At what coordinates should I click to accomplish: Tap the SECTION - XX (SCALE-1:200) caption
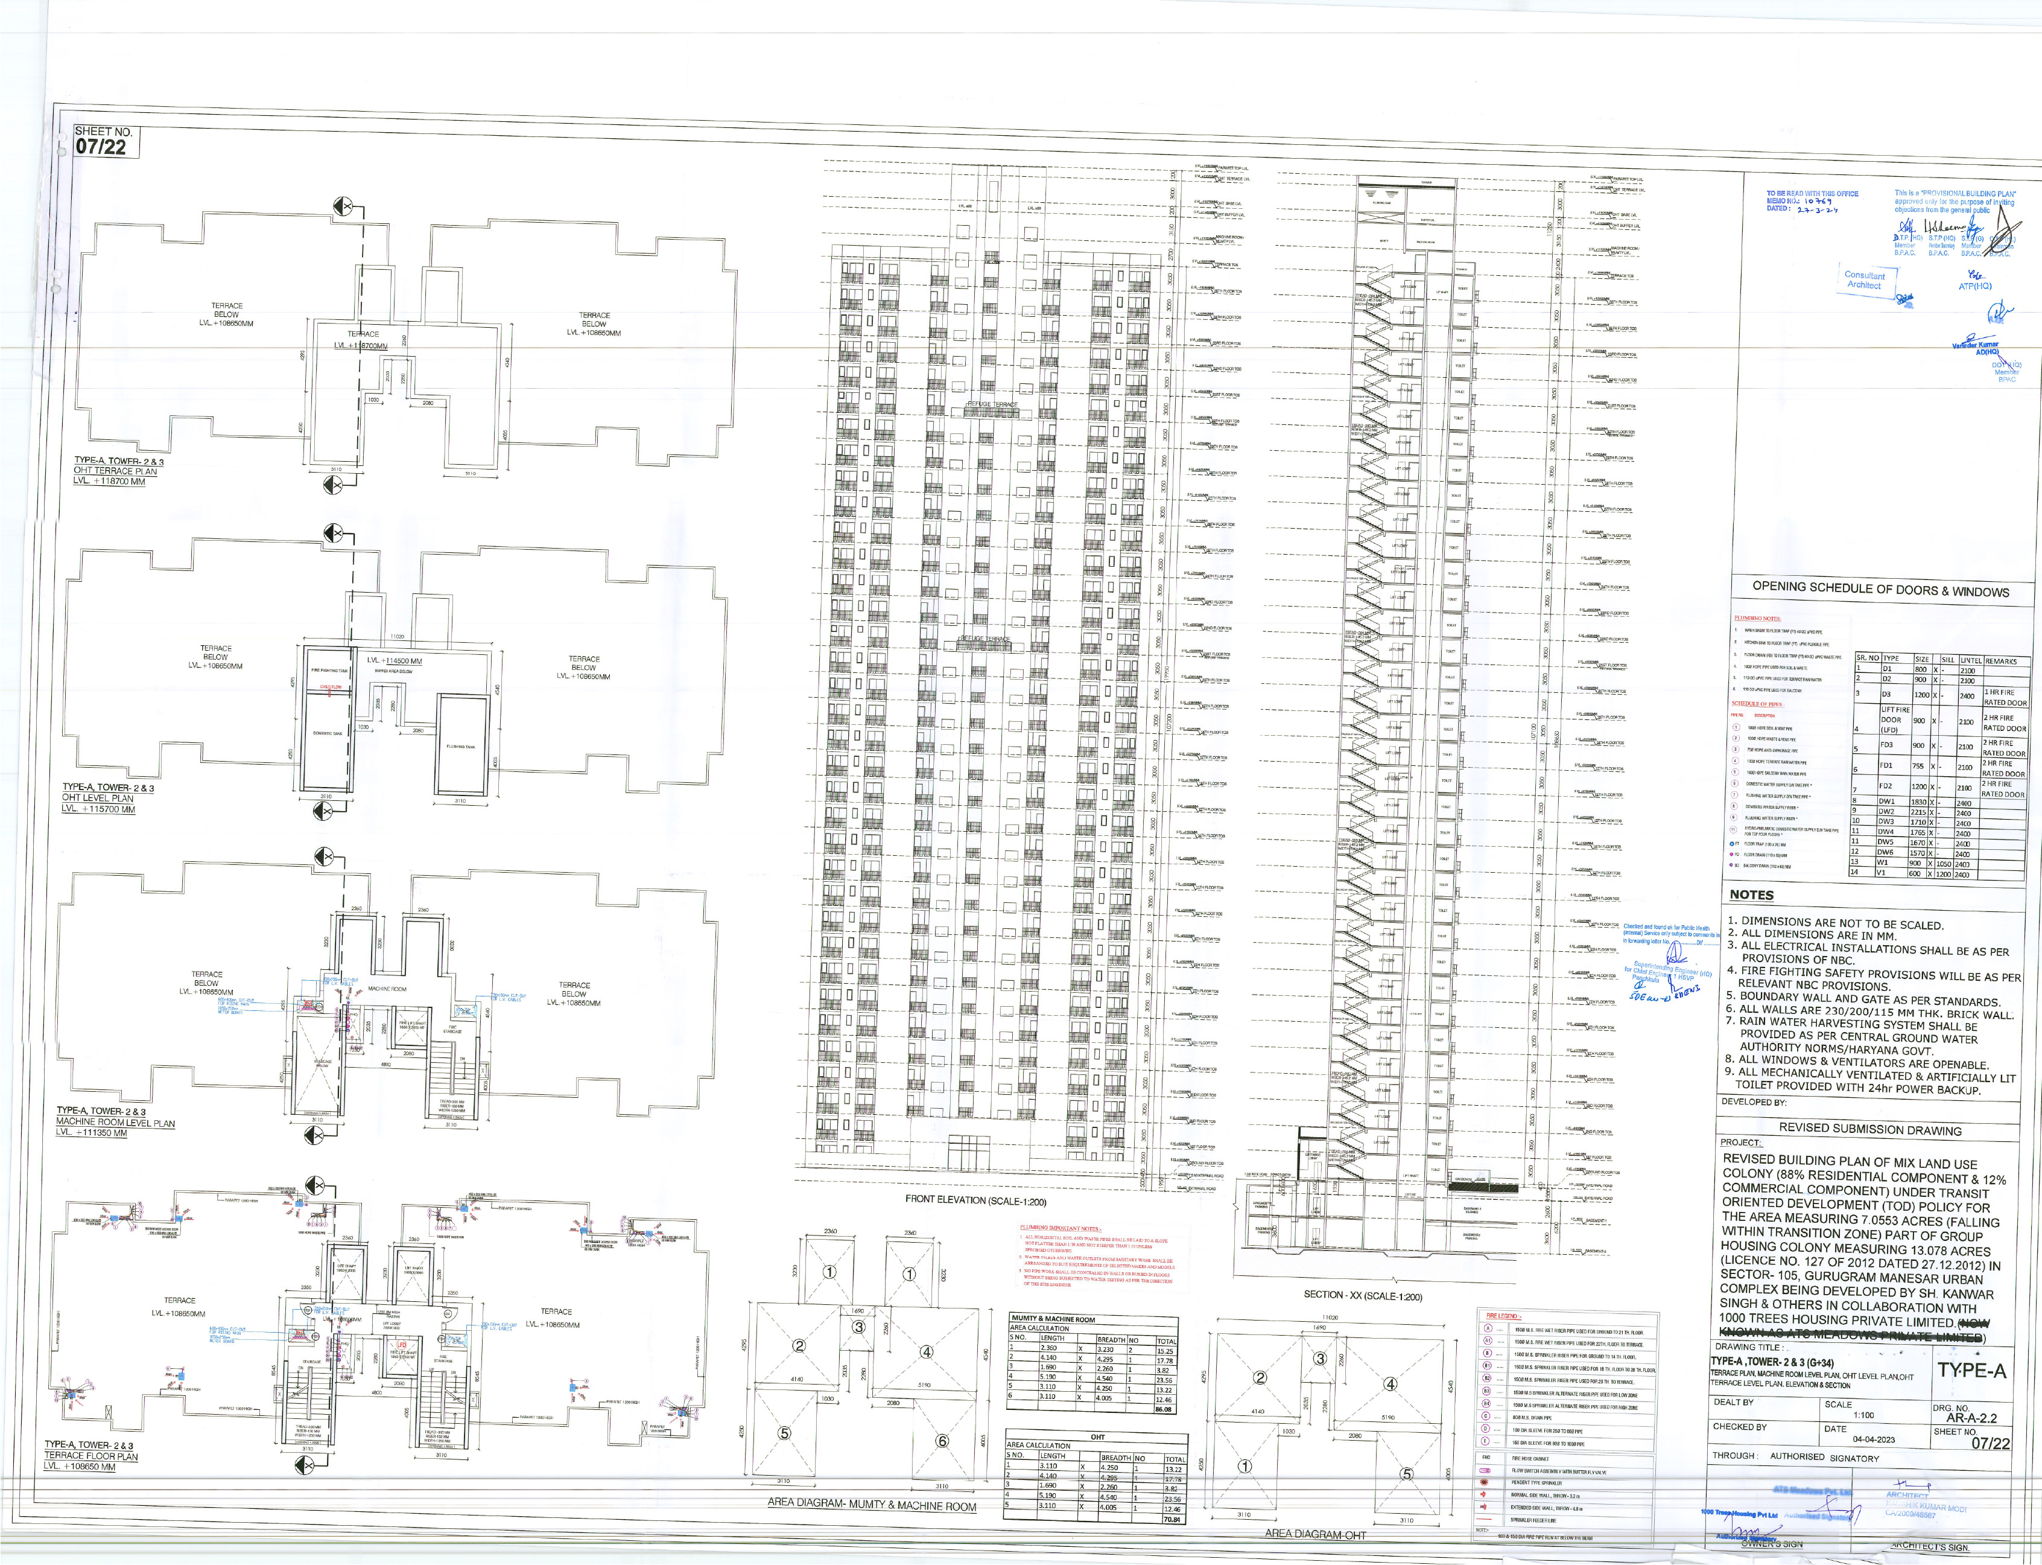click(1362, 1296)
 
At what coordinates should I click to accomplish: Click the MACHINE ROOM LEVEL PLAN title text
click(115, 1123)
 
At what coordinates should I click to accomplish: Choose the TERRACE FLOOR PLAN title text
click(91, 1456)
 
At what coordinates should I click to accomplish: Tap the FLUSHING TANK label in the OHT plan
click(462, 746)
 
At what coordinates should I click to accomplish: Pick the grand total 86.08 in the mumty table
click(1164, 1409)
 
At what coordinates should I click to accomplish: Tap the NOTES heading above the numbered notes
click(1751, 895)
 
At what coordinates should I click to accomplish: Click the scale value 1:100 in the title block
click(1863, 1415)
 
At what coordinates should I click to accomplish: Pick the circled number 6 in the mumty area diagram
click(942, 1441)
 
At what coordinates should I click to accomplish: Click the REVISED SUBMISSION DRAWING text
click(1869, 1130)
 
